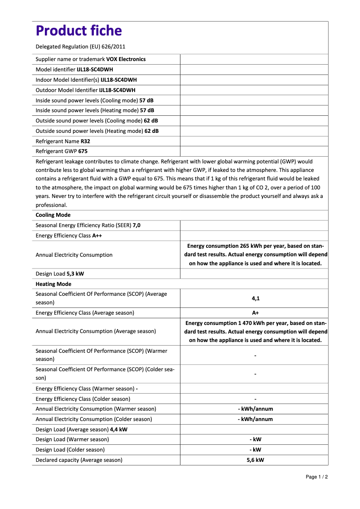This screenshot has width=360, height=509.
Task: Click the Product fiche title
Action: tap(79, 31)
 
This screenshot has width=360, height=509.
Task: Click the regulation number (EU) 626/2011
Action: tap(103, 46)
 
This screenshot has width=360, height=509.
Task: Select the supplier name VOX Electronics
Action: tap(126, 59)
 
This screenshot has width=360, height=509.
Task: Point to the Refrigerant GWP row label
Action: tap(56, 151)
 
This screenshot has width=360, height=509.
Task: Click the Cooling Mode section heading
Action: tap(53, 215)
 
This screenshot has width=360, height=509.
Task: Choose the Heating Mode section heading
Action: tap(53, 284)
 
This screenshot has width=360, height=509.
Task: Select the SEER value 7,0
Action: tap(136, 225)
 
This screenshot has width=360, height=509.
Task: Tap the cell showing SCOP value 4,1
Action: tap(255, 298)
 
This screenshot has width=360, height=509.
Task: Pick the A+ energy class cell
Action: tap(255, 313)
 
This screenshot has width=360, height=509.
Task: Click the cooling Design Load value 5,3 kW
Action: tap(75, 274)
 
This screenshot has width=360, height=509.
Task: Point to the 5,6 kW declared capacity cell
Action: tap(255, 460)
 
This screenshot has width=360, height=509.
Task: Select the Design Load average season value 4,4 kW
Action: tap(119, 430)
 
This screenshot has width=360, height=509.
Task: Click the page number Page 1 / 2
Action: tap(316, 477)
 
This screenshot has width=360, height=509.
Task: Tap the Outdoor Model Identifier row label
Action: tap(66, 90)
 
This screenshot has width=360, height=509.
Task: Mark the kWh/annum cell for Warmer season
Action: tap(255, 409)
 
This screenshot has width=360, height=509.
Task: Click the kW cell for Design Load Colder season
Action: tap(255, 450)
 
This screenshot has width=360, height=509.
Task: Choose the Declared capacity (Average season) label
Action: tap(79, 460)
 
